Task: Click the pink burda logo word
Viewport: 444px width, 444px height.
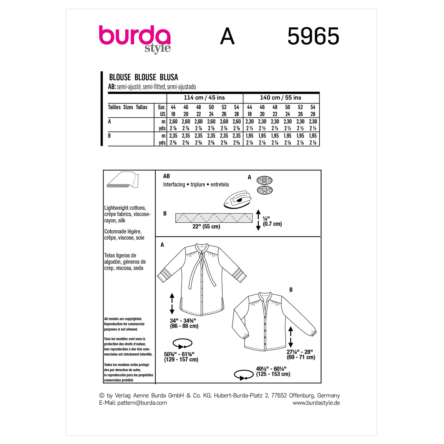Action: (x=134, y=36)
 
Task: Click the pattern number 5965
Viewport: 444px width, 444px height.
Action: (x=313, y=37)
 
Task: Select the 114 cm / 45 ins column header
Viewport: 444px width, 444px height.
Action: (x=204, y=98)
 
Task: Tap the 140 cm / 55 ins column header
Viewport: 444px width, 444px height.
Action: (x=281, y=98)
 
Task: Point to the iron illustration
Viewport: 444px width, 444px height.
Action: (x=238, y=200)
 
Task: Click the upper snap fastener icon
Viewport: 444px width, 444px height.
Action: (x=265, y=180)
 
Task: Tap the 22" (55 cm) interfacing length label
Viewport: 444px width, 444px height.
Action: (x=206, y=227)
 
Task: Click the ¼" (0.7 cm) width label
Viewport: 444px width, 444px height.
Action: (x=272, y=221)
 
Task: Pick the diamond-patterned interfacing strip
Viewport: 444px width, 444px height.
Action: (x=214, y=218)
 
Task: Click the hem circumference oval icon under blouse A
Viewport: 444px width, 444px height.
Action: (x=183, y=343)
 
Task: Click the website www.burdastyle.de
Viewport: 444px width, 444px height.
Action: (x=316, y=403)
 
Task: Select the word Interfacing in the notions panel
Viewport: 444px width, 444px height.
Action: (x=174, y=185)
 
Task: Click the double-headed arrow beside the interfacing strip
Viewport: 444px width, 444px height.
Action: (x=258, y=220)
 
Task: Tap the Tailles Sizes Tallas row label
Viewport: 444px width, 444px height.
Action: (x=128, y=107)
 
